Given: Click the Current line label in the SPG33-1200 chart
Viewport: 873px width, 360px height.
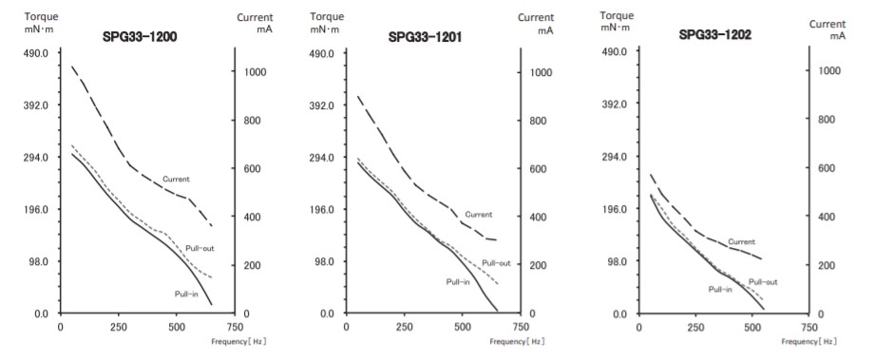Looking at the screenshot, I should tap(177, 179).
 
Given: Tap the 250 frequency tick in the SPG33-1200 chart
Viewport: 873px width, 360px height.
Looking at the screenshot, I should tap(119, 328).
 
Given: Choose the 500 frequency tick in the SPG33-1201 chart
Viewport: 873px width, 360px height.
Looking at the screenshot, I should tap(463, 328).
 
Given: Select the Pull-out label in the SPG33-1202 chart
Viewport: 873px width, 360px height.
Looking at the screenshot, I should tap(763, 282).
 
